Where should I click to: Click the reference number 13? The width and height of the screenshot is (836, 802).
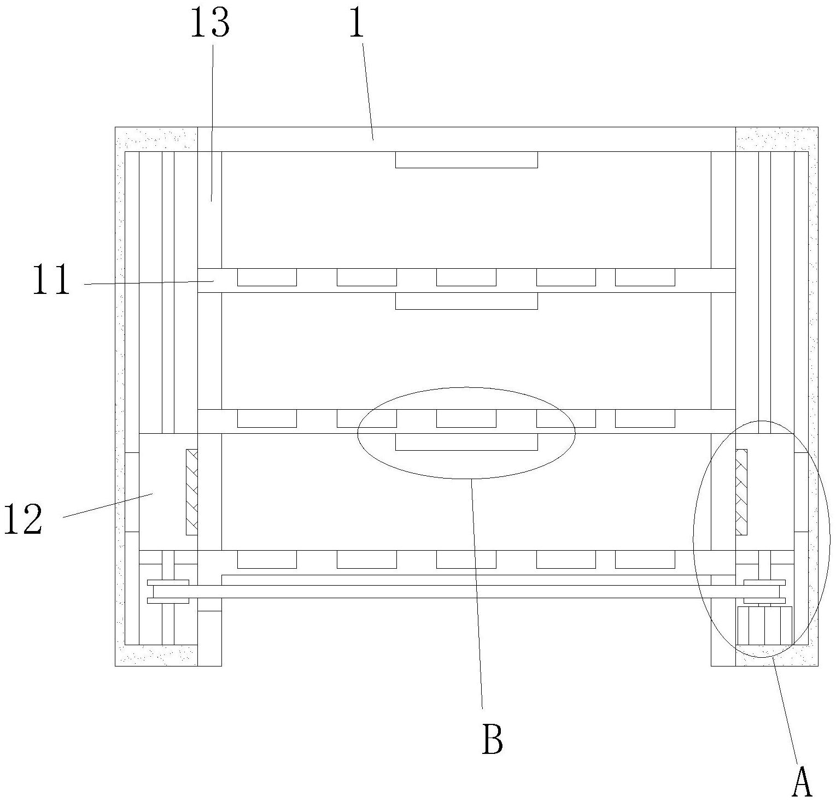[x=210, y=23]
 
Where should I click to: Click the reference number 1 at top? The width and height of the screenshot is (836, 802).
[x=356, y=23]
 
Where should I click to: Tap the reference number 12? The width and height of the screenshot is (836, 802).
[x=23, y=520]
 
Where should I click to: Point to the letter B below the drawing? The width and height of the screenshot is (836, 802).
[x=492, y=739]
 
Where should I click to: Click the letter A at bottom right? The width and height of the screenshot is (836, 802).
[x=802, y=782]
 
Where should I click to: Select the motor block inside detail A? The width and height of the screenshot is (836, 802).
[x=764, y=626]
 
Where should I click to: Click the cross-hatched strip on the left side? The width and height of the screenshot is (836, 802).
[x=191, y=492]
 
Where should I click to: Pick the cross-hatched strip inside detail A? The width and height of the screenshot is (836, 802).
[x=741, y=492]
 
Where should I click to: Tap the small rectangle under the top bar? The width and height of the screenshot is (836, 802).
[x=466, y=160]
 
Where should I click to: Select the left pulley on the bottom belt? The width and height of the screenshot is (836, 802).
[x=168, y=592]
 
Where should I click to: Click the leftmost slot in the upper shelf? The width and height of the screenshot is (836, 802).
[x=267, y=278]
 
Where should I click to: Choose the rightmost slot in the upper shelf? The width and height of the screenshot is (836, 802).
[x=645, y=278]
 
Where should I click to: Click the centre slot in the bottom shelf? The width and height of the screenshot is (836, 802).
[x=466, y=559]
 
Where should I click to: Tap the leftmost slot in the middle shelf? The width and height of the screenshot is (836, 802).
[x=267, y=418]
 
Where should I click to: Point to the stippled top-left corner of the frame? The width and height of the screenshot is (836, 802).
[x=156, y=139]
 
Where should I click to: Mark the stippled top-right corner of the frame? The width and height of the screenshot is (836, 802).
[x=776, y=139]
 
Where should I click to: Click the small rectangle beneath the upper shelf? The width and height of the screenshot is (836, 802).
[x=466, y=301]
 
